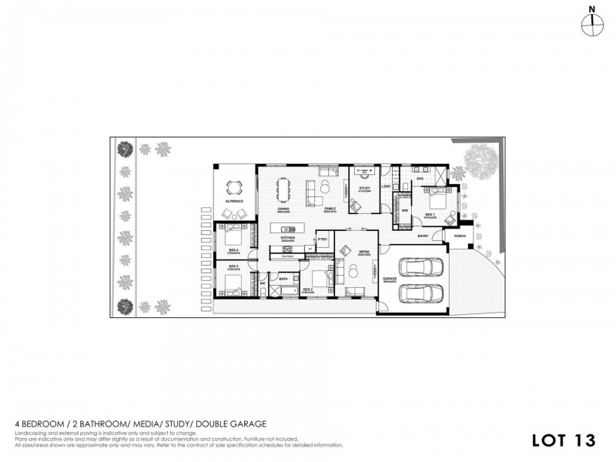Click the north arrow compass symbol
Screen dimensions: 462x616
[591, 24]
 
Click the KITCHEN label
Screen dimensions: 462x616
[288, 238]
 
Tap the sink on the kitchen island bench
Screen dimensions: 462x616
[287, 229]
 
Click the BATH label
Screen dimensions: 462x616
[283, 278]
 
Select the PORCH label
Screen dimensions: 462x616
[460, 236]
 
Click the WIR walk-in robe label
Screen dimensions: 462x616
[404, 209]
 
